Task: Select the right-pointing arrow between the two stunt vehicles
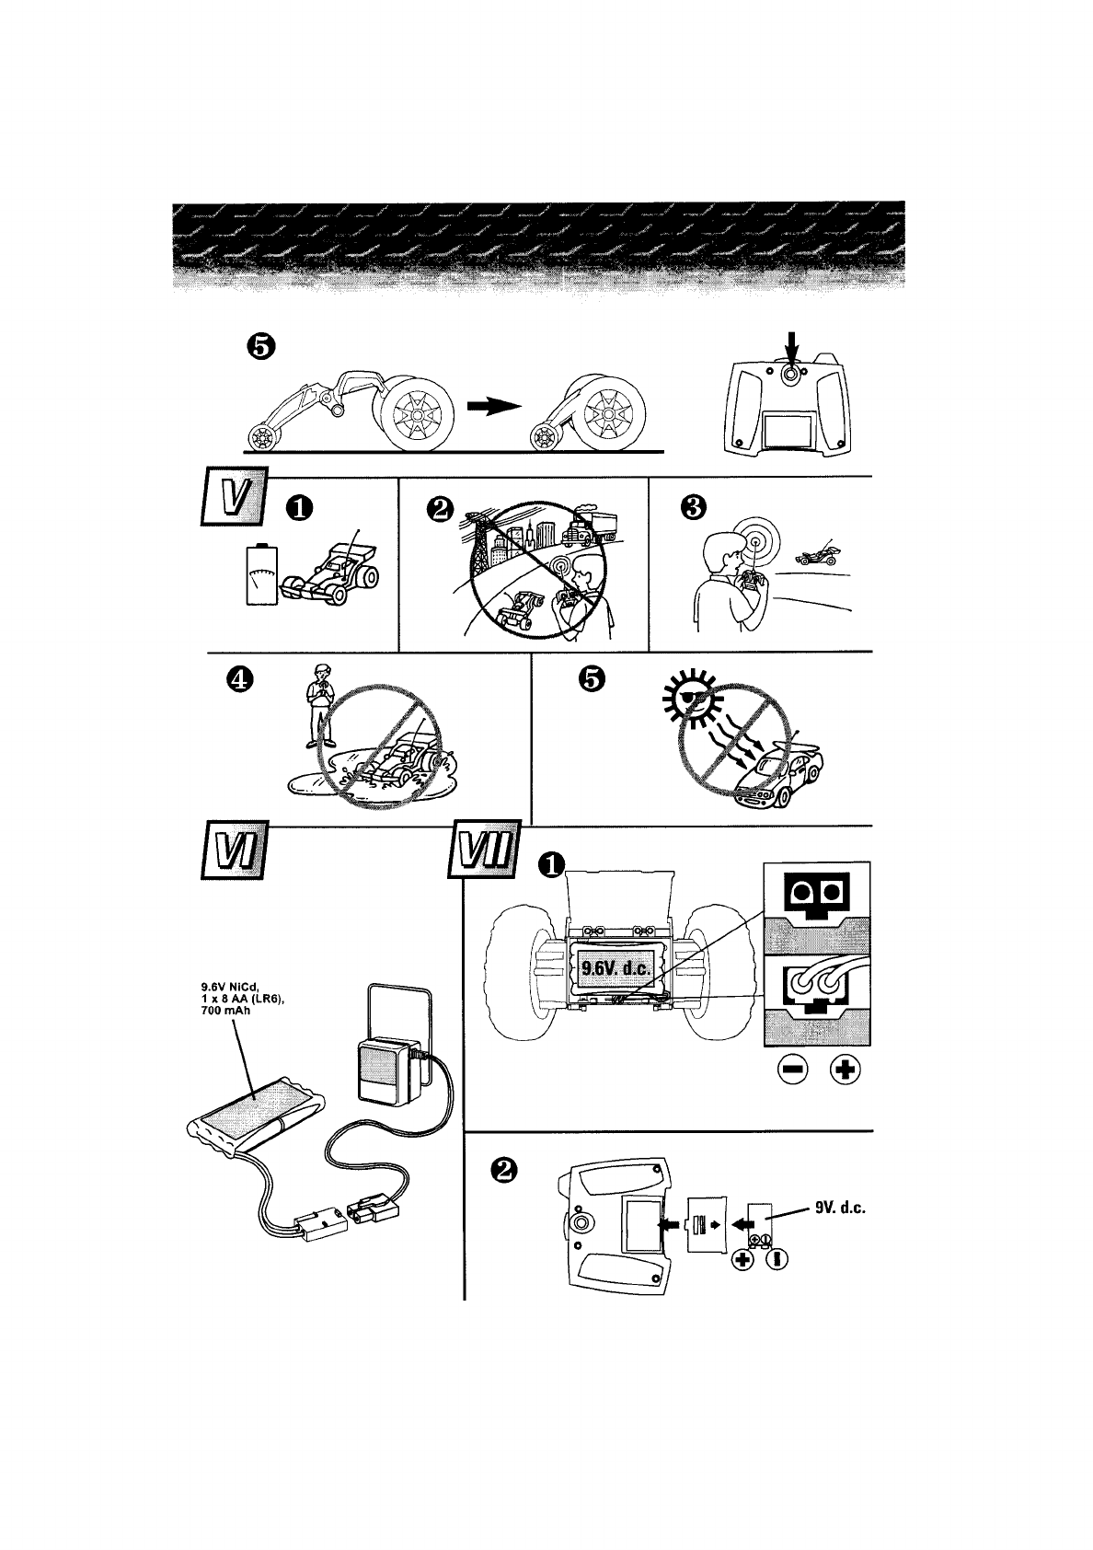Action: click(x=489, y=409)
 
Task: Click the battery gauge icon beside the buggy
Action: click(x=261, y=575)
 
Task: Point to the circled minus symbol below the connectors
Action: click(x=791, y=1070)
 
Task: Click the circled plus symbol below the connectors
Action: click(x=846, y=1070)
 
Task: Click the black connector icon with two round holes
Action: click(x=817, y=896)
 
